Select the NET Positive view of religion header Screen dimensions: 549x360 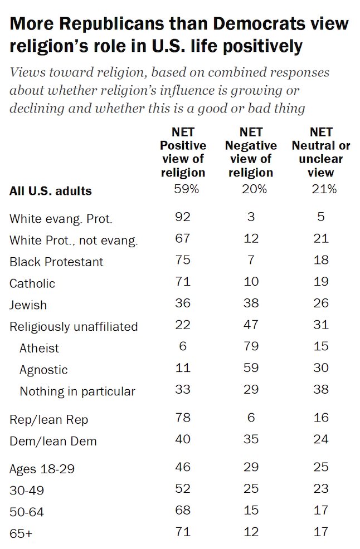coord(183,152)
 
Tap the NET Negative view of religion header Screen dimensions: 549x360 coord(251,152)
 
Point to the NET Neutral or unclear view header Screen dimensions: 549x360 coord(321,152)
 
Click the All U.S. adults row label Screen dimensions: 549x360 coord(51,191)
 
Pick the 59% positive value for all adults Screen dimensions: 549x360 coord(183,189)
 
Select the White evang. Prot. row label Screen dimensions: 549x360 coord(61,219)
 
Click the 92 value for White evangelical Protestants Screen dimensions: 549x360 coord(183,217)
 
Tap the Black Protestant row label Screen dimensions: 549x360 coord(56,262)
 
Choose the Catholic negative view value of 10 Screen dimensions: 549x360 coord(251,282)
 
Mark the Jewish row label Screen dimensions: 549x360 coord(28,305)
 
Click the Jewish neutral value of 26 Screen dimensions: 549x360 coord(321,303)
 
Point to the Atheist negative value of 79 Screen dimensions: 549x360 coord(251,346)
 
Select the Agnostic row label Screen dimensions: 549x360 coord(43,370)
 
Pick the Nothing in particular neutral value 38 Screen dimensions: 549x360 coord(321,390)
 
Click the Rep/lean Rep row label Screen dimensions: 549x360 coord(48,420)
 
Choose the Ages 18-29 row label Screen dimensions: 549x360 coord(42,469)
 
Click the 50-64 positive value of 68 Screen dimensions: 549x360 coord(183,511)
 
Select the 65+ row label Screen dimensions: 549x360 coord(21,533)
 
